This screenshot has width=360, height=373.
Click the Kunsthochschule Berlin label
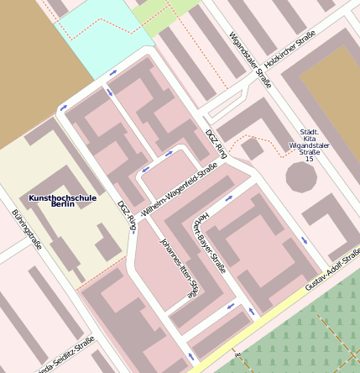[62, 201]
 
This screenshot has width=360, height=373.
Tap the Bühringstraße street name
[27, 229]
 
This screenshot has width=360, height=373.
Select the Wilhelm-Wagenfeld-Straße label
[180, 192]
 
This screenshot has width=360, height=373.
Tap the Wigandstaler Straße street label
[250, 60]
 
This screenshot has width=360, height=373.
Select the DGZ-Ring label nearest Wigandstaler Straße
[217, 144]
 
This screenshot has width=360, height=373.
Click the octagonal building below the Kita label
[301, 177]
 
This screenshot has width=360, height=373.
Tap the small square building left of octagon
[252, 149]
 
